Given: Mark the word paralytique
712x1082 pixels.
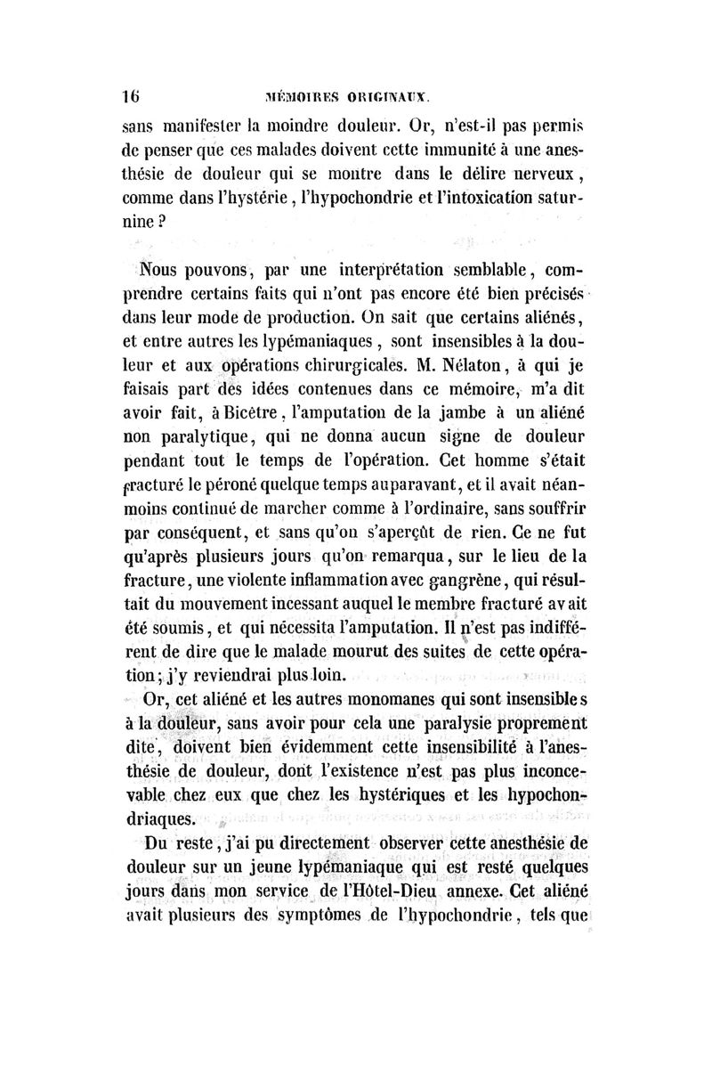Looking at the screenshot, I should pyautogui.click(x=194, y=437).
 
